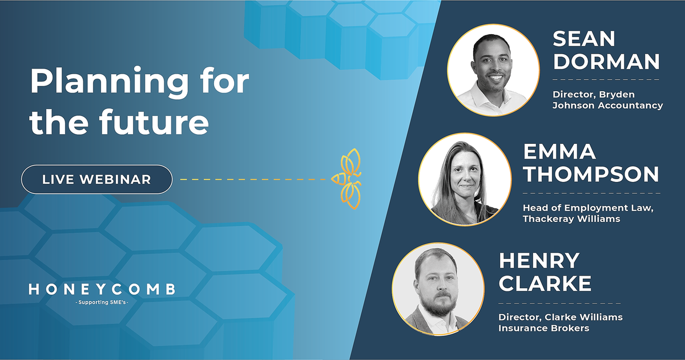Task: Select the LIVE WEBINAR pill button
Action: [96, 180]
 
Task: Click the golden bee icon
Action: [349, 179]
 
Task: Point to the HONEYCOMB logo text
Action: [102, 290]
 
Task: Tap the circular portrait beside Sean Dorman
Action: [493, 71]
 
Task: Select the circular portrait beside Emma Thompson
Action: [465, 179]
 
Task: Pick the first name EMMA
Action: [560, 152]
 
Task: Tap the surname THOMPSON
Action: [591, 174]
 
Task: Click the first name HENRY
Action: [539, 261]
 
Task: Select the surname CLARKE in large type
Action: [545, 282]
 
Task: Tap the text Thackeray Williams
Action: [571, 219]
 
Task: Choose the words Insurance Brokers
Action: [543, 328]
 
